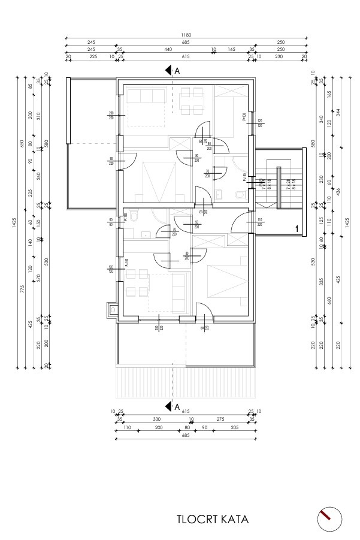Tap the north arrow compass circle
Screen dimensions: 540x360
[329, 518]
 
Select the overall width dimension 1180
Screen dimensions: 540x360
[187, 35]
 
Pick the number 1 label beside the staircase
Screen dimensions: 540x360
[296, 228]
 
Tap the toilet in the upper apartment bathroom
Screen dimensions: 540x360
[240, 194]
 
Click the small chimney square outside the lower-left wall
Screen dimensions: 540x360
[111, 310]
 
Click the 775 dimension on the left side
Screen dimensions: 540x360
[22, 288]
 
